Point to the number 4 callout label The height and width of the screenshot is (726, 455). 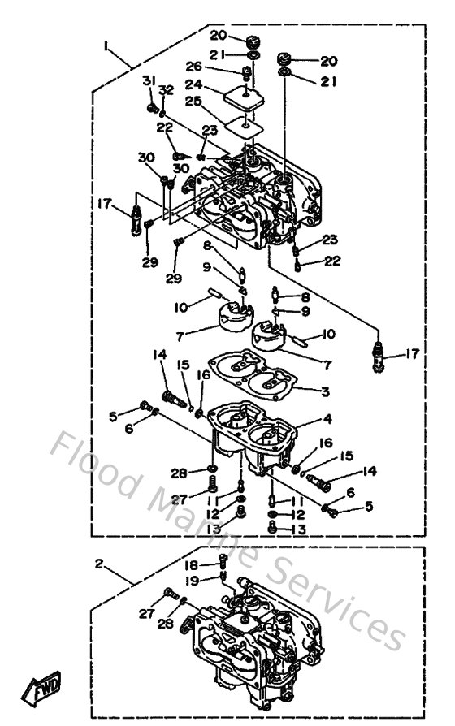click(x=326, y=420)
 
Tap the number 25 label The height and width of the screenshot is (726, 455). click(x=193, y=102)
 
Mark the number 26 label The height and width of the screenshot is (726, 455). click(x=193, y=67)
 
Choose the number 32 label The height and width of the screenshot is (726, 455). click(x=166, y=89)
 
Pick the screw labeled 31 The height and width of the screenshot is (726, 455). click(x=152, y=106)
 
